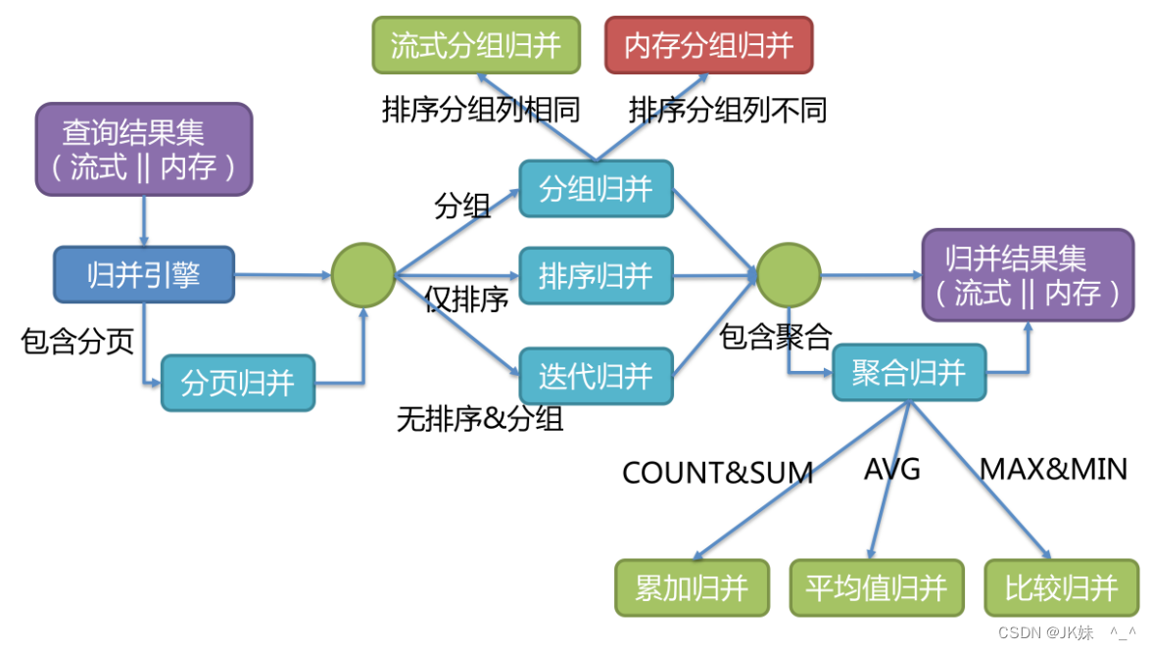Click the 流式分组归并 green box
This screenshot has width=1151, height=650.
coord(476,45)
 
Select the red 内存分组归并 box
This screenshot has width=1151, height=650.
coord(708,45)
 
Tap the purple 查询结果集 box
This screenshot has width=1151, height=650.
coord(144,149)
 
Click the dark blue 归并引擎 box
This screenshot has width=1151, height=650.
coord(144,274)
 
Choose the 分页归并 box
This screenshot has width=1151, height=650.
coord(238,382)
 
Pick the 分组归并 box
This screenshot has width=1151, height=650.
coord(596,188)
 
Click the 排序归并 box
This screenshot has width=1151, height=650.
coord(596,275)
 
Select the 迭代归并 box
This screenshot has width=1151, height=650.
coord(596,375)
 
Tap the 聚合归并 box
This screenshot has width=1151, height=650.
coord(909,372)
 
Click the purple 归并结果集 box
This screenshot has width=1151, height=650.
coord(1027,275)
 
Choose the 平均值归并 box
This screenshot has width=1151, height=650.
coord(876,587)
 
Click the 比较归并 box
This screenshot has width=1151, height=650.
coord(1062,587)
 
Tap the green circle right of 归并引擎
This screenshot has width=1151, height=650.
coord(363,275)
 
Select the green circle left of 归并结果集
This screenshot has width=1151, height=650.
coord(788,275)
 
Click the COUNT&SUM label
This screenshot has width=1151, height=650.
coord(718,473)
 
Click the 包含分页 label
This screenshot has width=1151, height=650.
coord(77,342)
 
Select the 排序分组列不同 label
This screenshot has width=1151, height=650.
coord(728,110)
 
